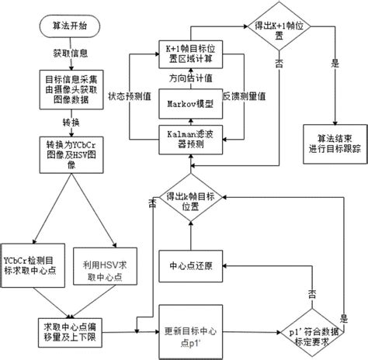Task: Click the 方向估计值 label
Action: pyautogui.click(x=186, y=79)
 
